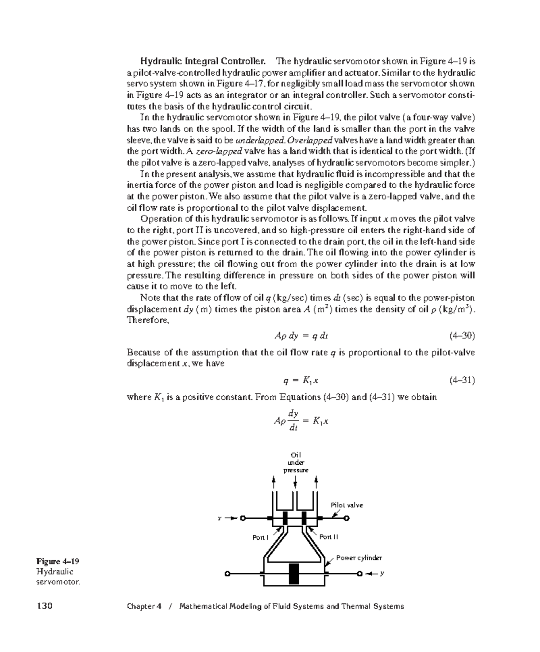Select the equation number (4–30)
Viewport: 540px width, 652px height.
point(462,336)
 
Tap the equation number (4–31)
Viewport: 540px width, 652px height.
point(462,380)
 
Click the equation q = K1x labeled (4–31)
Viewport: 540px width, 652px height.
point(301,380)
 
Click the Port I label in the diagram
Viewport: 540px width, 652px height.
point(260,537)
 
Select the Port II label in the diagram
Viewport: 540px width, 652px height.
point(328,537)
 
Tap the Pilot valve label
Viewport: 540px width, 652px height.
point(347,505)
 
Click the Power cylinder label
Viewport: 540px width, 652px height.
point(359,558)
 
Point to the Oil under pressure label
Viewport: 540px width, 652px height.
point(295,462)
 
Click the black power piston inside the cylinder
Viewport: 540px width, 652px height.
point(294,574)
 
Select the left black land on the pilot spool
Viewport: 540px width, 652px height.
point(285,518)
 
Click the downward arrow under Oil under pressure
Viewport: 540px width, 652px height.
point(295,482)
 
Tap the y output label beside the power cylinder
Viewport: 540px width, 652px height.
point(382,574)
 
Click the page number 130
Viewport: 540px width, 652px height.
point(45,606)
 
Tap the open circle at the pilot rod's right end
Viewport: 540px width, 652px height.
point(346,518)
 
